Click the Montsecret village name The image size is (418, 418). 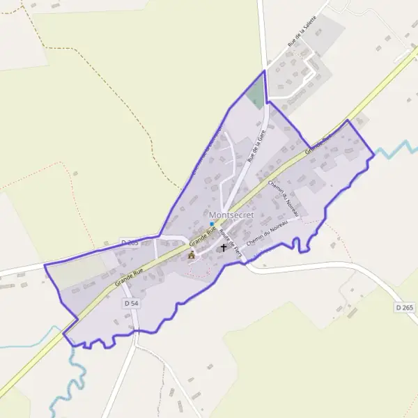pos(231,216)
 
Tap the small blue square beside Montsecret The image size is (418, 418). pos(212,224)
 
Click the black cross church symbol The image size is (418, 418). pos(224,247)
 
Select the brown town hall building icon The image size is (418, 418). pos(192,255)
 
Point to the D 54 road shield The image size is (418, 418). pos(130,304)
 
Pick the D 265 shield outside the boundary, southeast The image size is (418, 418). pos(404,307)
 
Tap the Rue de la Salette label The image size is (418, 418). pos(304,34)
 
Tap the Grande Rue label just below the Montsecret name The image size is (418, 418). pos(201,237)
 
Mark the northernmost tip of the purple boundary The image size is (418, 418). pos(265,71)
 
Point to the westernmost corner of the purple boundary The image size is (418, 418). pos(45,265)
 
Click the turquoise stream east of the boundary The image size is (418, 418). pos(394,148)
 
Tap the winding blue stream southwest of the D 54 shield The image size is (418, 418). pos(77,376)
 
